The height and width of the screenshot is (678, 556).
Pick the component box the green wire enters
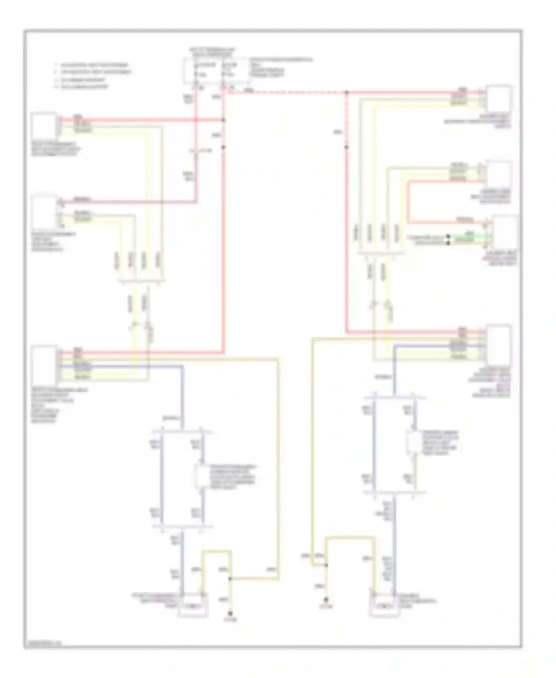click(x=505, y=233)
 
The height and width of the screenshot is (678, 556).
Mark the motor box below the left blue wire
click(x=192, y=607)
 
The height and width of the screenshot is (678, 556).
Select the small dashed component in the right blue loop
click(x=411, y=442)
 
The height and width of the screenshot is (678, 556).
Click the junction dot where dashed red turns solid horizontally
click(x=347, y=92)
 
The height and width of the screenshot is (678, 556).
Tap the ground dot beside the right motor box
click(x=326, y=600)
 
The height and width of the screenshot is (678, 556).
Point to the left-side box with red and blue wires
click(x=44, y=365)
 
